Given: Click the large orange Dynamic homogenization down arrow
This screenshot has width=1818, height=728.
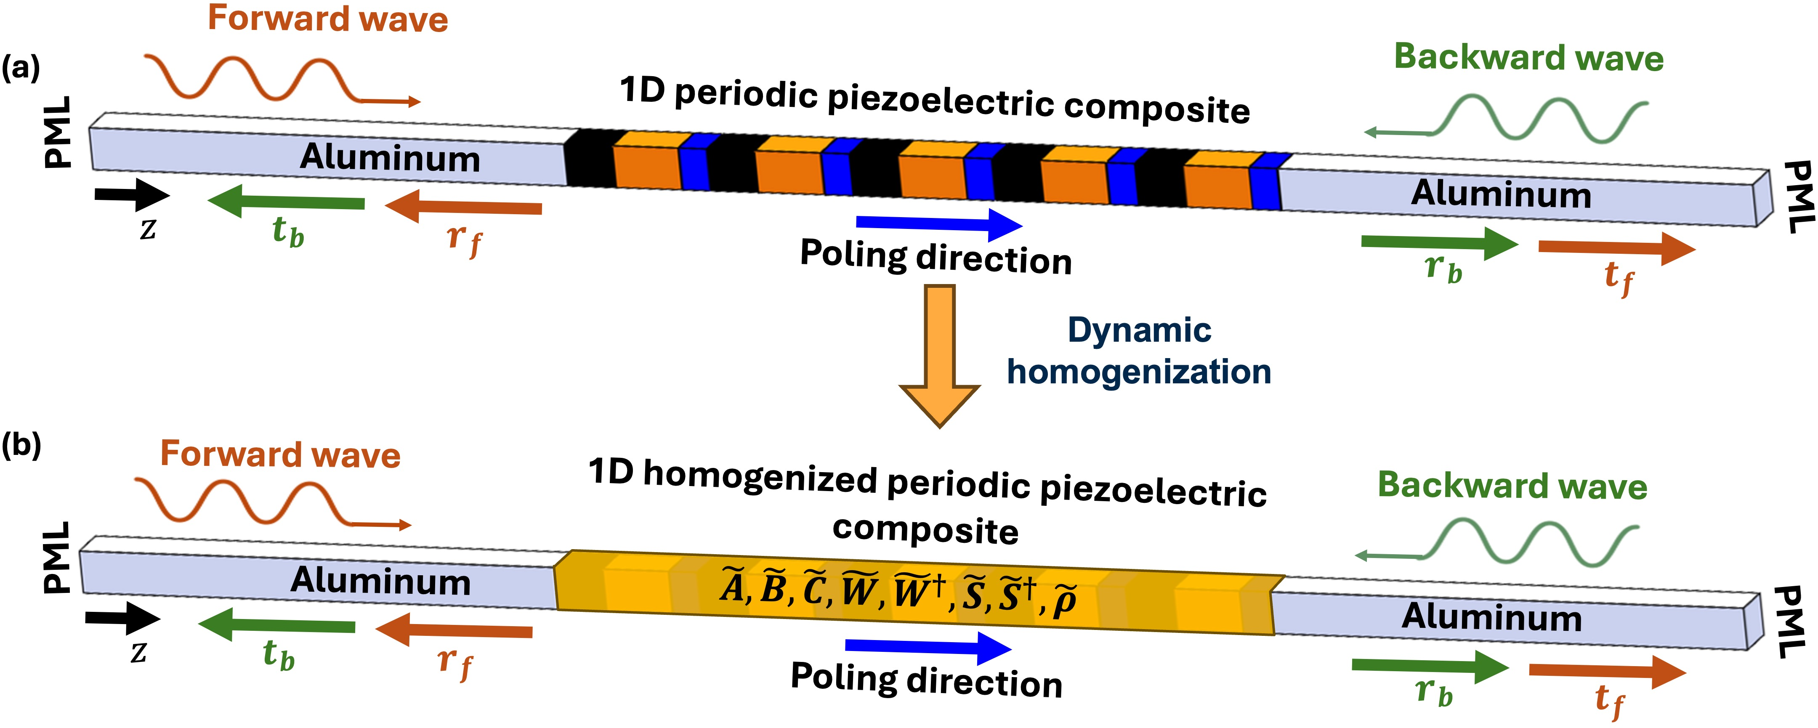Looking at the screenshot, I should click(939, 353).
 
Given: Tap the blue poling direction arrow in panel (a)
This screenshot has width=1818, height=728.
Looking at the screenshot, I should click(938, 224).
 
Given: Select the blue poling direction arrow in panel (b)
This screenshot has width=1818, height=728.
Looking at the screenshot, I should click(928, 647).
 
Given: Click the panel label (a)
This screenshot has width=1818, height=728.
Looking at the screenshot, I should click(21, 69).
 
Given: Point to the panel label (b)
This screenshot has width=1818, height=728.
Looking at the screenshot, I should click(21, 445).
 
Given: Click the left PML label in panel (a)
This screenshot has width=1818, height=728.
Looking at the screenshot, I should click(58, 133).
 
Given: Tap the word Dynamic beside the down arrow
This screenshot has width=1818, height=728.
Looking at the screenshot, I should click(1139, 330).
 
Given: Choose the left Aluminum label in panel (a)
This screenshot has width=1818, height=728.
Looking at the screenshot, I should click(390, 157).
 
